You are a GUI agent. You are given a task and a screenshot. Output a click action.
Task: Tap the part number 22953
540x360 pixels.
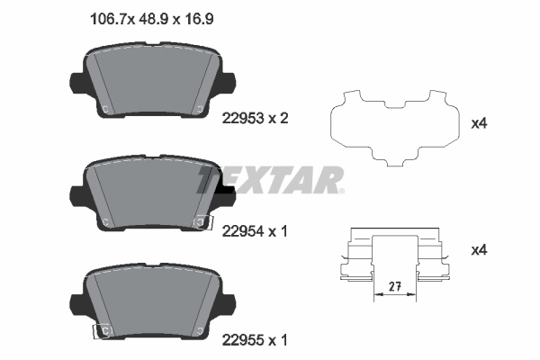click(x=239, y=117)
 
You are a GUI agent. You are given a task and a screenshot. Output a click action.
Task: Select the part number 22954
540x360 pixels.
click(x=239, y=230)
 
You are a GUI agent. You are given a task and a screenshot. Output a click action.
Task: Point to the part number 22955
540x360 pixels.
click(x=239, y=340)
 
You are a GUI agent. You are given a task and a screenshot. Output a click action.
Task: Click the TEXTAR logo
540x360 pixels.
click(x=271, y=179)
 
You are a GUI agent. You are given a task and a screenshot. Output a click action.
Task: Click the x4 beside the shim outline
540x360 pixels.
click(x=480, y=122)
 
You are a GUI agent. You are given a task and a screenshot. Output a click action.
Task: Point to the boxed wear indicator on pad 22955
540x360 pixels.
click(x=102, y=332)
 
